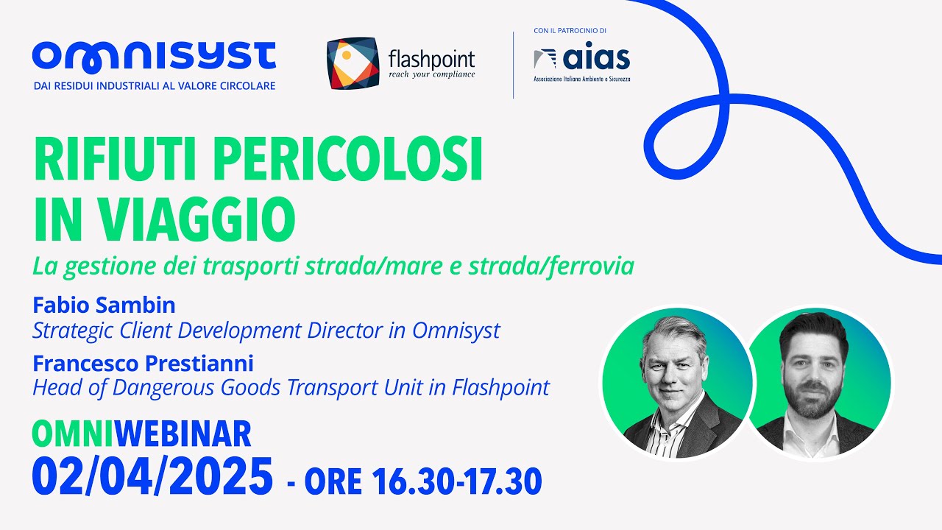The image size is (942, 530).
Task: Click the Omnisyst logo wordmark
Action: pos(154,57)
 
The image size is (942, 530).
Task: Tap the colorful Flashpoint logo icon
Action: pos(353,63)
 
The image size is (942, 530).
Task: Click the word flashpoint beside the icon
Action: pos(431,58)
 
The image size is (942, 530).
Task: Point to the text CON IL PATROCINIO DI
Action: pos(570,31)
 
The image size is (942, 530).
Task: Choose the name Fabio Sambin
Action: pos(104,305)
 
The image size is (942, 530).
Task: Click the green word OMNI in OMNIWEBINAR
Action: pos(73,434)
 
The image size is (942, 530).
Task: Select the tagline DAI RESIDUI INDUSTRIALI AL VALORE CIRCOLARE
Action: pos(155,86)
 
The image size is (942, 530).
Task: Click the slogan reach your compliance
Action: pos(431,74)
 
